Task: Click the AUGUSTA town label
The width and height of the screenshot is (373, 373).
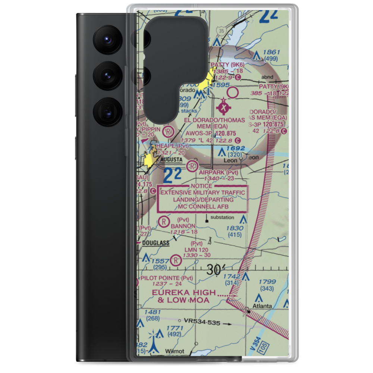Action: [x=172, y=160]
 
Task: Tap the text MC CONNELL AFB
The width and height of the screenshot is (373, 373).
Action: [x=203, y=206]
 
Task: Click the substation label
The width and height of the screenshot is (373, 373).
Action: [x=222, y=217]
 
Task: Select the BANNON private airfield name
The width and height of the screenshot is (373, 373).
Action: [x=183, y=226]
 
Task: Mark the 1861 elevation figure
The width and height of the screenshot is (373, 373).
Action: [x=272, y=52]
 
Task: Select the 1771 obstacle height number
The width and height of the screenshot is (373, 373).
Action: [x=175, y=328]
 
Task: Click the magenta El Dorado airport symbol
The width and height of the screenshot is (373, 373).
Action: [x=223, y=108]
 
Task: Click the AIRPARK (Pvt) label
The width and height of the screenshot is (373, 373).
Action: [x=218, y=172]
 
